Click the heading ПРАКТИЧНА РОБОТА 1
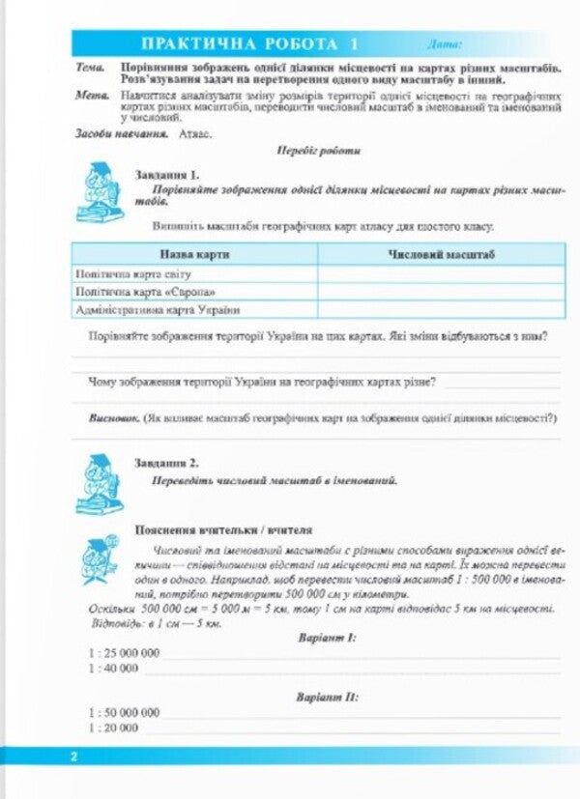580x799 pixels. point(249,44)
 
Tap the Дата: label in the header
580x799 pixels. point(445,44)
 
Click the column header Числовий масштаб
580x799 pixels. point(440,254)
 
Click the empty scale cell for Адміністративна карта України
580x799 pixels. point(440,310)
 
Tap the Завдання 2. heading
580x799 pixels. point(167,463)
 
